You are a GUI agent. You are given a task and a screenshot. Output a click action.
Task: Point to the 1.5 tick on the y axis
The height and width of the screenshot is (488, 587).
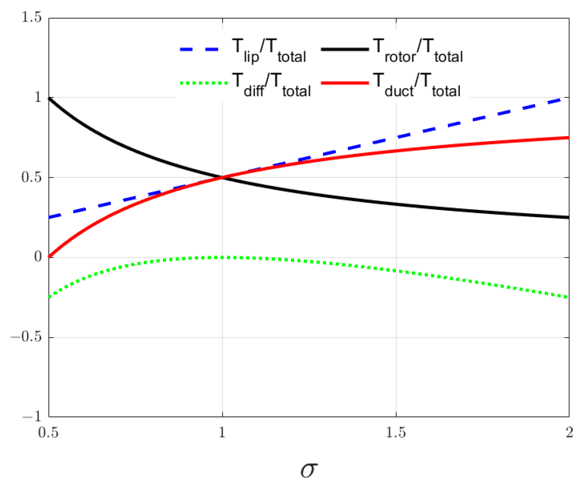coord(31,17)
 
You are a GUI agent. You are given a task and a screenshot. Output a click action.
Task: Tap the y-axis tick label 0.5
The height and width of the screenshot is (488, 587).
coord(31,177)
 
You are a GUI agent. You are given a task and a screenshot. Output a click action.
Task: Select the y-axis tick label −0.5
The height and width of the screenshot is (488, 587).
coord(26,337)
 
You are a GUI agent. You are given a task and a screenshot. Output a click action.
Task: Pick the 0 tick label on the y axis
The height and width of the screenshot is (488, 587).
coord(37,257)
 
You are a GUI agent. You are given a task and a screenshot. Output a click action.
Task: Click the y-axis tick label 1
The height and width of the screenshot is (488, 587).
coord(37,97)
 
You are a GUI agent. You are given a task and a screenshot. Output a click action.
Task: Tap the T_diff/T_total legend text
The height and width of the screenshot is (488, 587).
coord(271,85)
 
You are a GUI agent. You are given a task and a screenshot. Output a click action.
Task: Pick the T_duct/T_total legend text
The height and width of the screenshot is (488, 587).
coord(417,85)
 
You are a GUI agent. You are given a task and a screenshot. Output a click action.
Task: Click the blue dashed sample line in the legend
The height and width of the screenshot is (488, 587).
coord(199,50)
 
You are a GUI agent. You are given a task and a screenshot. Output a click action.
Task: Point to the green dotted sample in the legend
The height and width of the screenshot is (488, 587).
coord(203,83)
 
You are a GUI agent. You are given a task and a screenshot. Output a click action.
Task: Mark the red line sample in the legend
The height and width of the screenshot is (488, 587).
coord(345,83)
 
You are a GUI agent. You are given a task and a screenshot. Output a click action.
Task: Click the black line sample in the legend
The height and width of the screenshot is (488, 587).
coord(345,50)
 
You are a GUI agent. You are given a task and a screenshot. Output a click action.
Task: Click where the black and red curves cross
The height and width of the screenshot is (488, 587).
coord(222,177)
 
